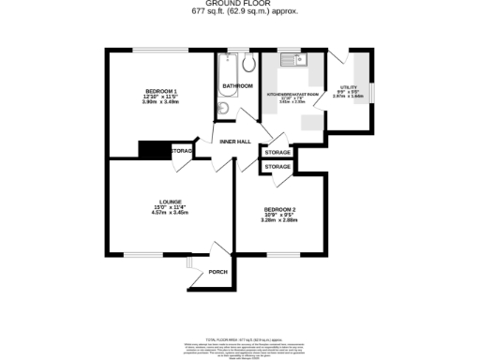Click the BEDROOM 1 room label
click(x=158, y=90)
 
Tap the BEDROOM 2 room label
click(x=279, y=208)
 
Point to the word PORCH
click(x=217, y=272)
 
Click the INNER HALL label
click(x=234, y=142)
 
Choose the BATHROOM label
click(x=237, y=86)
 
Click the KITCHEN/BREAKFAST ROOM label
click(x=292, y=95)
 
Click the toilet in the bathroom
click(x=249, y=64)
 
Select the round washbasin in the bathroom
click(x=222, y=108)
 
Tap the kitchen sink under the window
click(x=298, y=63)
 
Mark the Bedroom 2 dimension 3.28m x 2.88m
click(x=279, y=219)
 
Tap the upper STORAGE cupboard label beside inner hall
click(x=277, y=152)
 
